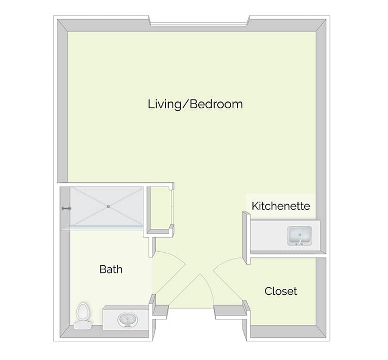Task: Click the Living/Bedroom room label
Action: pyautogui.click(x=195, y=104)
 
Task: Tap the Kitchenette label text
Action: pyautogui.click(x=281, y=206)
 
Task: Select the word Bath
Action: pyautogui.click(x=111, y=269)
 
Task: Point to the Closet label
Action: pyautogui.click(x=280, y=291)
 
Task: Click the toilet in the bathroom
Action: pyautogui.click(x=83, y=316)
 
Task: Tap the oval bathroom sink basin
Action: pyautogui.click(x=128, y=320)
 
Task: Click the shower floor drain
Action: pyautogui.click(x=108, y=206)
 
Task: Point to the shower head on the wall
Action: pyautogui.click(x=66, y=209)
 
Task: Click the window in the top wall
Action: pyautogui.click(x=199, y=24)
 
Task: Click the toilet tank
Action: pyautogui.click(x=83, y=325)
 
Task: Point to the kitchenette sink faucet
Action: pyautogui.click(x=300, y=241)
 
